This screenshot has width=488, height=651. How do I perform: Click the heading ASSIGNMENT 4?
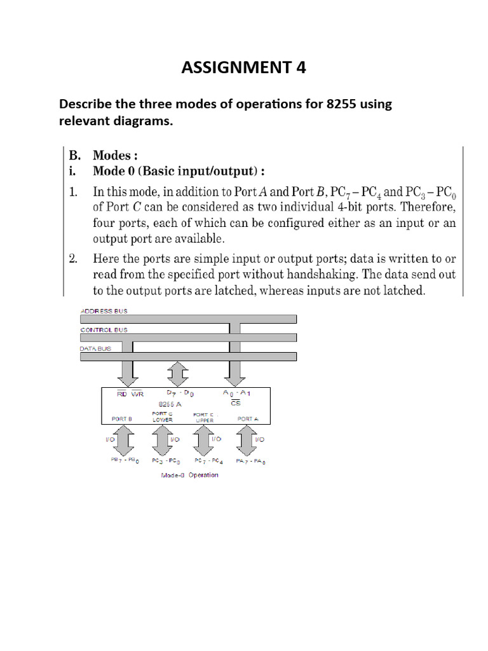[243, 67]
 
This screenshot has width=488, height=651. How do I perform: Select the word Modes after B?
[112, 156]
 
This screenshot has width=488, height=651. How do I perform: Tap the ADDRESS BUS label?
[104, 311]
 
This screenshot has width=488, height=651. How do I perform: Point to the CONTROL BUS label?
[104, 330]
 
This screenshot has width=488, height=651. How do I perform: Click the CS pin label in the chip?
[235, 403]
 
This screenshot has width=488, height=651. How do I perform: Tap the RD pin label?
[122, 394]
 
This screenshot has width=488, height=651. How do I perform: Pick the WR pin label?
[138, 394]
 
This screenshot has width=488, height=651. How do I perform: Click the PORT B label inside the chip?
[121, 419]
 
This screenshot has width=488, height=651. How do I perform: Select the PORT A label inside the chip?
[248, 419]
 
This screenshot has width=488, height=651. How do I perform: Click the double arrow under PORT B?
[126, 440]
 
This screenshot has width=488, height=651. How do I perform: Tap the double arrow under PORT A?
[245, 440]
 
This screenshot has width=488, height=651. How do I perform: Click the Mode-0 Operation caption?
[190, 475]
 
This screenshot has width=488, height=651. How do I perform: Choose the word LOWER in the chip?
[163, 420]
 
